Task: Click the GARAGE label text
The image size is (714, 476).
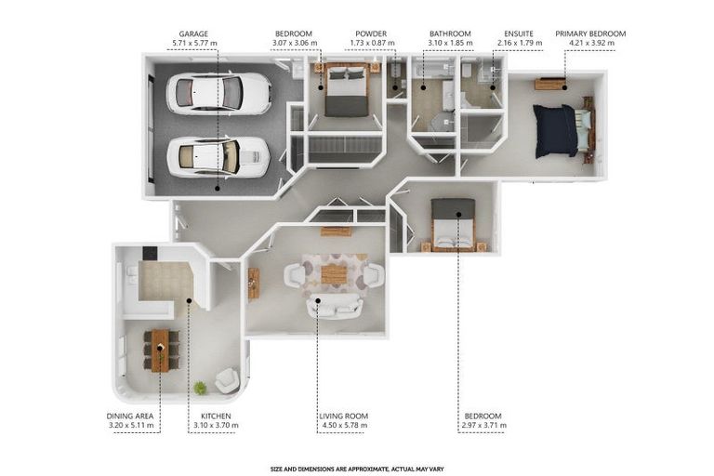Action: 193,33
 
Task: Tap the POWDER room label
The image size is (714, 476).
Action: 371,33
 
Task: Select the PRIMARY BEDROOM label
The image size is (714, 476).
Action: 590,33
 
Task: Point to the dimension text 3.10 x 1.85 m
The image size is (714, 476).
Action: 450,43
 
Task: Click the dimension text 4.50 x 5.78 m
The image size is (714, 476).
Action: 344,425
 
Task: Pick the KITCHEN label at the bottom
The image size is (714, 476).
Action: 216,416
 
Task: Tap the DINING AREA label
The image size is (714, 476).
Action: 130,416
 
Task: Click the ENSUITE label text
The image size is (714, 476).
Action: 519,33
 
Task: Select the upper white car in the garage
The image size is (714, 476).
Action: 219,93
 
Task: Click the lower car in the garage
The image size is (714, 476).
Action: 218,157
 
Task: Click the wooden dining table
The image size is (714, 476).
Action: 160,350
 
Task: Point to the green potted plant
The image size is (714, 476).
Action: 201,388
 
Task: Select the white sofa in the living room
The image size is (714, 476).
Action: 335,307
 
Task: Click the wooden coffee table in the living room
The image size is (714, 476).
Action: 335,274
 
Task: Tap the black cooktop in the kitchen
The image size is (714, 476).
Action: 150,253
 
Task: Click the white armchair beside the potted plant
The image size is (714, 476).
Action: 227,380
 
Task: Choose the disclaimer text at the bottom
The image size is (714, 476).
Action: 357,469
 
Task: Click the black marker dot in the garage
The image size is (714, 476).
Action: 218,188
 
